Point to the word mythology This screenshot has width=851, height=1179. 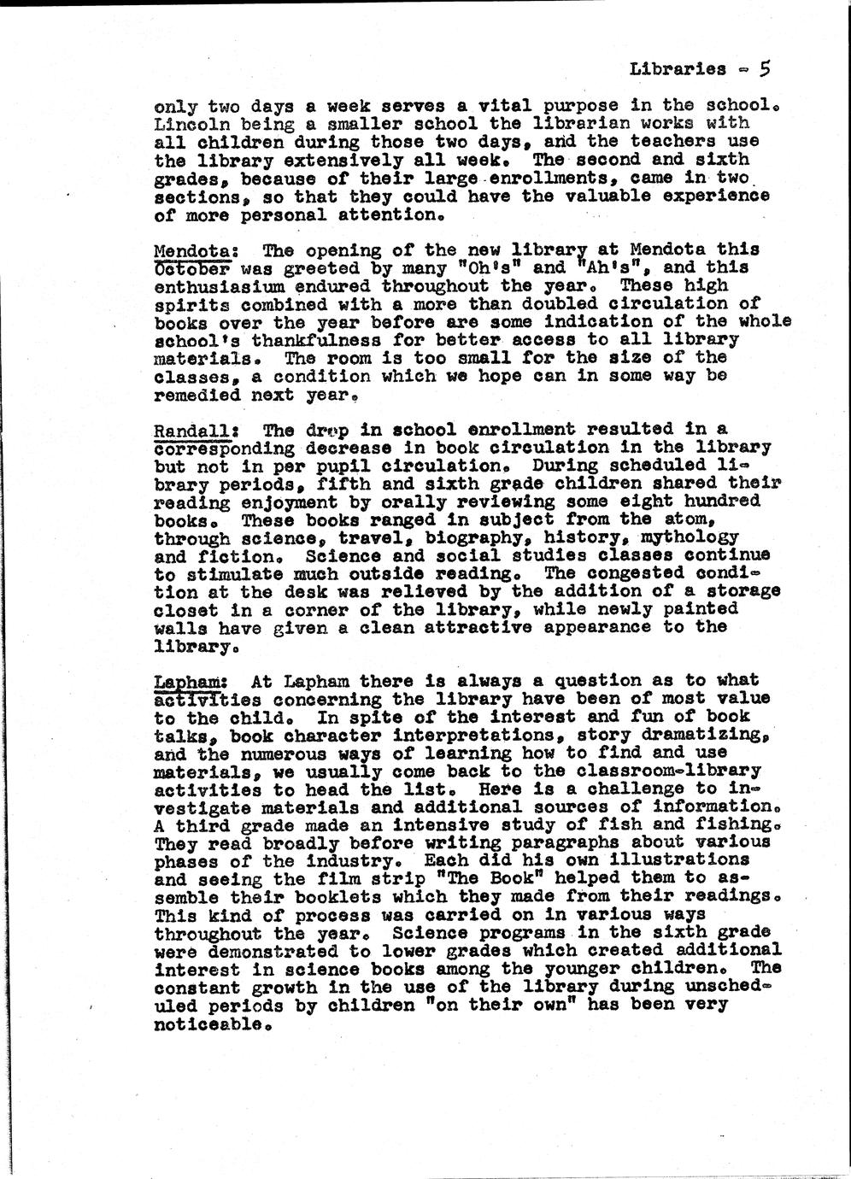(692, 537)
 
